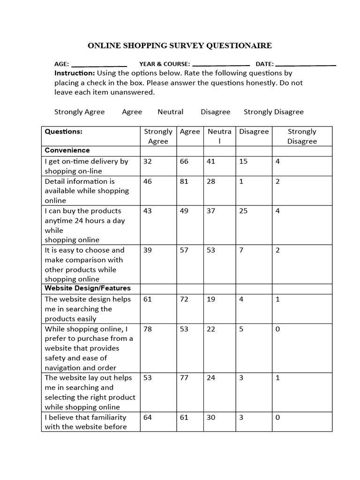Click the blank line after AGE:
pos(99,65)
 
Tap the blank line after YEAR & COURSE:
pos(221,65)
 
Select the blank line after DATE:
pos(306,65)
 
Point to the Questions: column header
pos(63,132)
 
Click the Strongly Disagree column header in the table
pos(302,136)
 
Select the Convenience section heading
pos(67,150)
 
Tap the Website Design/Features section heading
pos(88,288)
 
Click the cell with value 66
pos(184,161)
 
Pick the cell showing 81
pos(184,181)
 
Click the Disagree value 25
pos(243,211)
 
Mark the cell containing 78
pos(148,329)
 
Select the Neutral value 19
pos(211,299)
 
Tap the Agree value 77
pos(184,378)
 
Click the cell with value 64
pos(148,417)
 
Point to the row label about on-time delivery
pos(86,166)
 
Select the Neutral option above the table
pos(170,112)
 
